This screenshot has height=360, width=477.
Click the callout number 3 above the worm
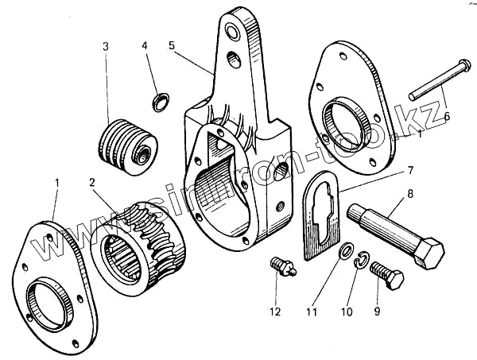coord(105,46)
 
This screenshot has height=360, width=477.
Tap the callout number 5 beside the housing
coord(172,46)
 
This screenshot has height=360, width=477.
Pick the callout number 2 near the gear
coord(93,183)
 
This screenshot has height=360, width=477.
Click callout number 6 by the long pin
coord(447,116)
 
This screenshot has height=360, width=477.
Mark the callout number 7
coord(411,170)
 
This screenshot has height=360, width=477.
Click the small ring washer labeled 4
coord(160,100)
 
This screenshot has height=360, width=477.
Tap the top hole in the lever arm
coord(234,33)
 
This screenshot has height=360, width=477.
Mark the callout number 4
coord(145,46)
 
